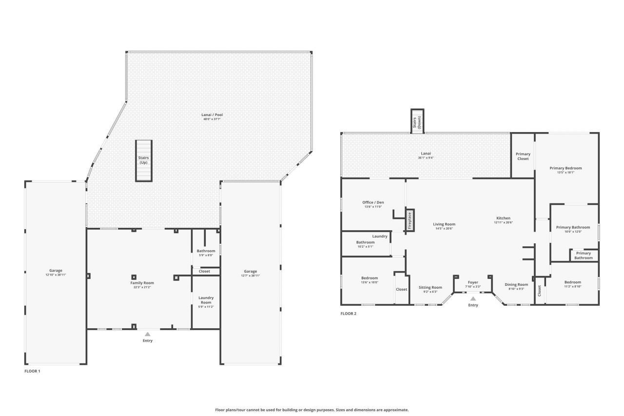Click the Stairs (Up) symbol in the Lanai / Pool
[x=143, y=160]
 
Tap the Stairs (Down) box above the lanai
[x=417, y=120]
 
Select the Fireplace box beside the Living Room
[x=410, y=220]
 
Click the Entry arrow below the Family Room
[x=147, y=334]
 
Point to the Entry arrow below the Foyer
[x=473, y=298]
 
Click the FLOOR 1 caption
[x=32, y=371]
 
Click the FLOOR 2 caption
[x=348, y=314]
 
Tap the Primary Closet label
[x=523, y=156]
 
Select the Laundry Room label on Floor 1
[x=206, y=300]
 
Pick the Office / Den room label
[x=373, y=202]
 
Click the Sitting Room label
[x=430, y=287]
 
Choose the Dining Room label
[x=516, y=284]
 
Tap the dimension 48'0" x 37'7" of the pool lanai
[x=212, y=119]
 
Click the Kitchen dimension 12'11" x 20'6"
[x=503, y=222]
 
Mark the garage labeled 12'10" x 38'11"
[x=56, y=273]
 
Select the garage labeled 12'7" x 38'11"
[x=250, y=273]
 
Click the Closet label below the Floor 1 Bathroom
[x=205, y=271]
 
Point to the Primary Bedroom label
[x=565, y=168]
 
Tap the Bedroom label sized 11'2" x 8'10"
[x=572, y=282]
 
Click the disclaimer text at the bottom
[x=312, y=410]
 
